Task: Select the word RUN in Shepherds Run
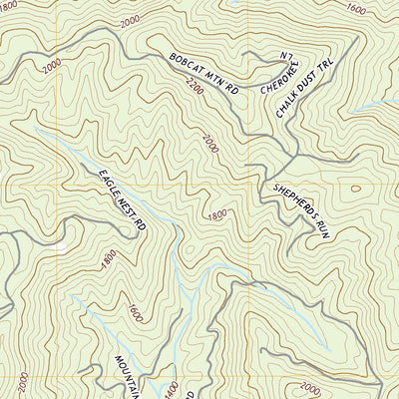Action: (x=321, y=227)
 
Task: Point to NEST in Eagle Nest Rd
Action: (x=126, y=203)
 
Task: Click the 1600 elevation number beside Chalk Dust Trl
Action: (x=355, y=8)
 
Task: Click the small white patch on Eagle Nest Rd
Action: (x=61, y=245)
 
